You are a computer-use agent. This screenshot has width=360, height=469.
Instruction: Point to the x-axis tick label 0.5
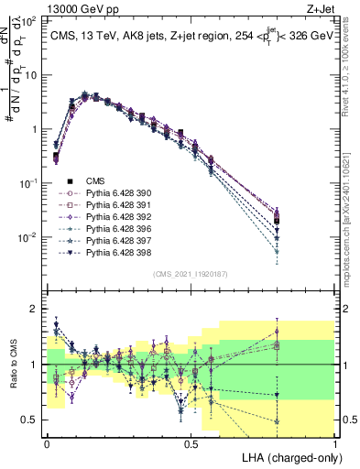(191, 442)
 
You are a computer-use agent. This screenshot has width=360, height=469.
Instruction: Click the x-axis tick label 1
(335, 442)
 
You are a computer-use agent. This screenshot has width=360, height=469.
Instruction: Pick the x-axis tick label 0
(48, 442)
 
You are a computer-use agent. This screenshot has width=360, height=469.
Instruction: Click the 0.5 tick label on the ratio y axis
(29, 420)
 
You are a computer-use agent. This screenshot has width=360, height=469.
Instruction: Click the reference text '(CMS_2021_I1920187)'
(191, 273)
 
